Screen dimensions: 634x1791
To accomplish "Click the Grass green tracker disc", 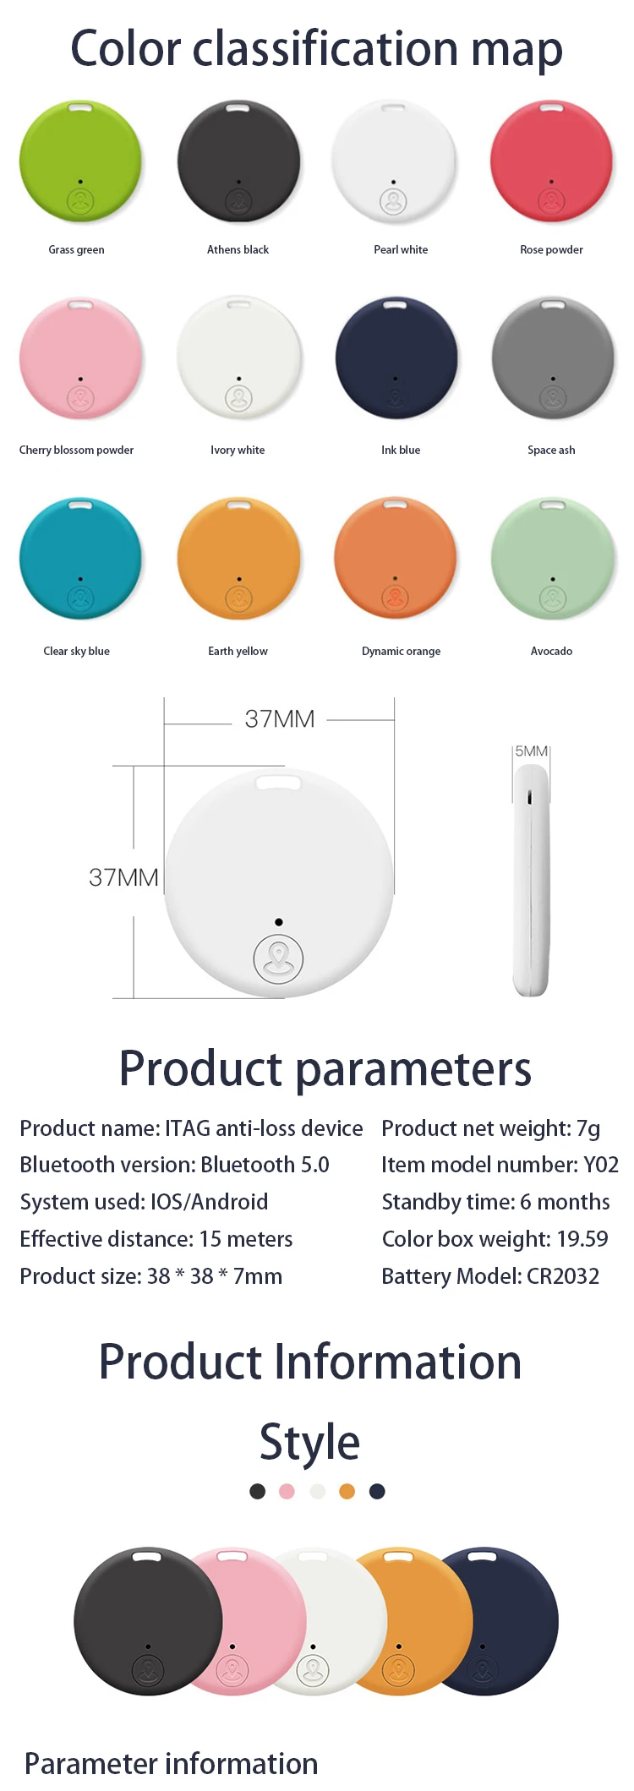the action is tap(80, 162).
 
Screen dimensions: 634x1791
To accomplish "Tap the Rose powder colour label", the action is tap(551, 249).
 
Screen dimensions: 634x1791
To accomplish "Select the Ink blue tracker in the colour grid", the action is tap(396, 358).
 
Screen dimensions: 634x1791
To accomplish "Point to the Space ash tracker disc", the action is tap(553, 358).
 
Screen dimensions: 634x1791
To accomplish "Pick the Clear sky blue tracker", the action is tap(80, 559).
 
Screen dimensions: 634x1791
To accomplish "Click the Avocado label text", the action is tap(551, 651).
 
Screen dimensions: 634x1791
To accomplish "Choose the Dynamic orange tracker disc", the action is tap(396, 559).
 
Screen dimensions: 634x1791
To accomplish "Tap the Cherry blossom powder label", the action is tap(76, 450).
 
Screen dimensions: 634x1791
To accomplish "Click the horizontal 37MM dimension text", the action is tap(280, 719).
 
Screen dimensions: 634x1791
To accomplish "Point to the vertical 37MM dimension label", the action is tap(123, 877).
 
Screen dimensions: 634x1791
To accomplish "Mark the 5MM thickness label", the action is tap(532, 751).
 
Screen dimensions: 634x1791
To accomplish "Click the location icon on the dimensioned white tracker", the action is tap(278, 958).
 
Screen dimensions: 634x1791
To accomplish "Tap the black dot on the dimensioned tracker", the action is tap(279, 922).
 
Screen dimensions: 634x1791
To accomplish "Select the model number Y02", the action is tap(601, 1165).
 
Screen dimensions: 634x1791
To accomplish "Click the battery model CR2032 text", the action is tap(563, 1276).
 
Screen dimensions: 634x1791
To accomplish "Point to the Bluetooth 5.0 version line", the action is tap(174, 1165).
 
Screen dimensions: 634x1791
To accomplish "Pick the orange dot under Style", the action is tap(347, 1491).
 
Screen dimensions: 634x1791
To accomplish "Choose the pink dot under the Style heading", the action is tap(287, 1491).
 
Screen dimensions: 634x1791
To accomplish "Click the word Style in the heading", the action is tap(309, 1442).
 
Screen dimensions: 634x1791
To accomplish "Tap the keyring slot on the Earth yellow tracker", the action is tap(238, 505).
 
